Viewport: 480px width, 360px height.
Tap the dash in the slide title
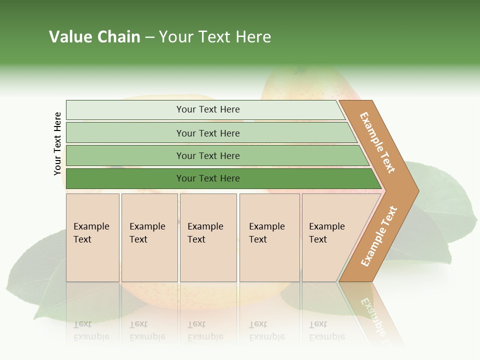pos(149,37)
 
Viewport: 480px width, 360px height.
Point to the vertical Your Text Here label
pos(57,144)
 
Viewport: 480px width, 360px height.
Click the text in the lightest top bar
pos(208,109)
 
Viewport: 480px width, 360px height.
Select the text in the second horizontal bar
pos(208,133)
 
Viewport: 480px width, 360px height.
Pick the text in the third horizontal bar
pos(208,156)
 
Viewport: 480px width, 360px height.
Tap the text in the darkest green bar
pos(208,178)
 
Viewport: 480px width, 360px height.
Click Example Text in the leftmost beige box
pos(91,233)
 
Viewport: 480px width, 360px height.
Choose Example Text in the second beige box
pos(147,233)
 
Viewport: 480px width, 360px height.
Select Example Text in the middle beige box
pos(205,233)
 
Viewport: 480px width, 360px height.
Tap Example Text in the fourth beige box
pos(266,233)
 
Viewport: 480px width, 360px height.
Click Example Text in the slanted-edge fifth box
pos(326,233)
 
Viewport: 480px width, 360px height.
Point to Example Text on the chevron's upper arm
pos(377,142)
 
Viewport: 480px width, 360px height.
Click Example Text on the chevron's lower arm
pos(378,236)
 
